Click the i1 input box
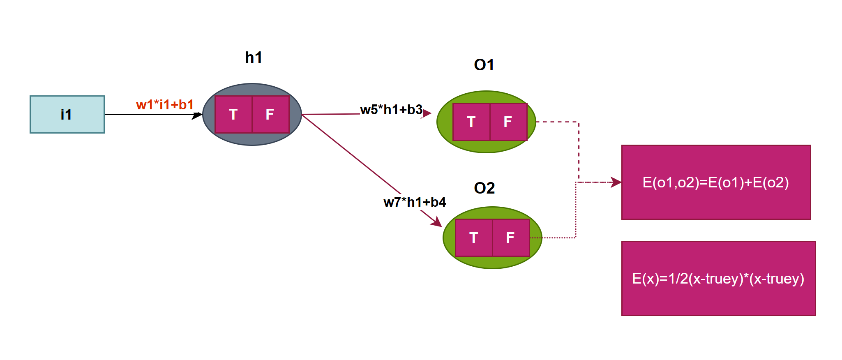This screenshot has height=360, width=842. [x=67, y=114]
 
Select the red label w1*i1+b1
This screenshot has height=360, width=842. [x=164, y=105]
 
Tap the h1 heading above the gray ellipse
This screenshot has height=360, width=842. [x=253, y=58]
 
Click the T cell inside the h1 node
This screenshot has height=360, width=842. [x=233, y=114]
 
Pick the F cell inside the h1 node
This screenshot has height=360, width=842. [x=270, y=114]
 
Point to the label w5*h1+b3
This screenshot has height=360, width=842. [x=391, y=110]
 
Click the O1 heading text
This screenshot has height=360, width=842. [x=484, y=65]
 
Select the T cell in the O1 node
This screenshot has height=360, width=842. [x=471, y=122]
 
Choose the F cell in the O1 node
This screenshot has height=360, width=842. [x=508, y=122]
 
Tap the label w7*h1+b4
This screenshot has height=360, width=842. [x=415, y=202]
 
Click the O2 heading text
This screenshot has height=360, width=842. [x=484, y=188]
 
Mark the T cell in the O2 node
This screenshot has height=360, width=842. [x=474, y=238]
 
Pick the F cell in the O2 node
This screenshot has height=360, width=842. [x=511, y=238]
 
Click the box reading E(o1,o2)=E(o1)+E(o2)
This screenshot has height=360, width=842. [x=716, y=182]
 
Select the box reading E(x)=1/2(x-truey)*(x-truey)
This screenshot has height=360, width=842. [x=718, y=278]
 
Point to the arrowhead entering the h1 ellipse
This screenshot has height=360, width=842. [x=198, y=115]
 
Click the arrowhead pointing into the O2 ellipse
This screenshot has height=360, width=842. [x=437, y=222]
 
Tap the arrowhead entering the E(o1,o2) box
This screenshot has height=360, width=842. [x=616, y=182]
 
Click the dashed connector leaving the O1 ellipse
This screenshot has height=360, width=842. [x=579, y=148]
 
